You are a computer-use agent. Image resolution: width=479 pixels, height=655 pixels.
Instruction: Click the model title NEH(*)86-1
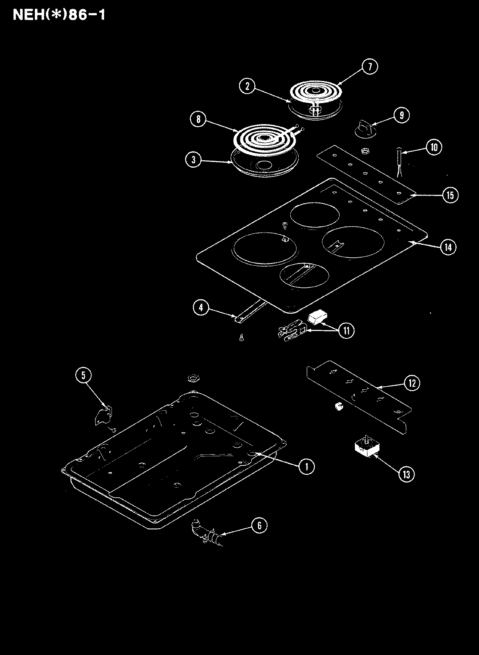58,14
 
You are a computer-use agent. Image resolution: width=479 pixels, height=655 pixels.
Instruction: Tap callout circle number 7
369,67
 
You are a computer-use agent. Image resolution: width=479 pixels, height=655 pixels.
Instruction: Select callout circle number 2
247,86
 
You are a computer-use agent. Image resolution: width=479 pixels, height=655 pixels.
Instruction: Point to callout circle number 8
198,119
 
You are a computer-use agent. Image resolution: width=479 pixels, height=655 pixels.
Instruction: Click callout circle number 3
193,160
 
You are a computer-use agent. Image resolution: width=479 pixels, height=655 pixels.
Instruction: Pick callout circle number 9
401,115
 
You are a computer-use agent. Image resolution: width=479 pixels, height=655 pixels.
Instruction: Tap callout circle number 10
434,147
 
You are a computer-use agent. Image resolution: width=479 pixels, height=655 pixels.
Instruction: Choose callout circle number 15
450,195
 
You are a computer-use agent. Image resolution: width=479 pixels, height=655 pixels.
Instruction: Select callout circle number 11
346,330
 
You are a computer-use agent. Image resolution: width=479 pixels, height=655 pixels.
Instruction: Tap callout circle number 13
406,474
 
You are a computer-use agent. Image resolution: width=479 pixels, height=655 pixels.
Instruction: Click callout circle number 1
306,466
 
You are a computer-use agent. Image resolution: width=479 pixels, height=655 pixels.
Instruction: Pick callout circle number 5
83,375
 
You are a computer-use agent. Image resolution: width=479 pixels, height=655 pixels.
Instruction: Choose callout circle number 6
259,526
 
